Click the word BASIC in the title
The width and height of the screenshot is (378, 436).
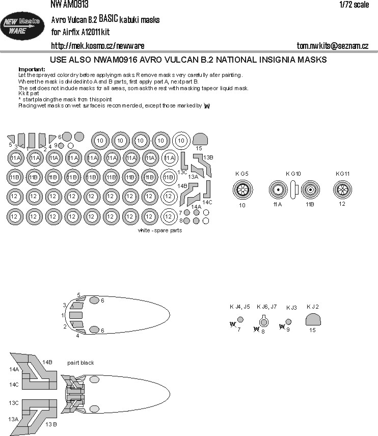click(x=105, y=19)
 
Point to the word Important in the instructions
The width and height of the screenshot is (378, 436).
click(x=32, y=69)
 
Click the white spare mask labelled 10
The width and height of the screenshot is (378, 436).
click(x=180, y=140)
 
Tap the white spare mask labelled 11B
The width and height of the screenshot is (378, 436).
click(x=168, y=177)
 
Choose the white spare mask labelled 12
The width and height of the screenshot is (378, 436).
click(x=168, y=196)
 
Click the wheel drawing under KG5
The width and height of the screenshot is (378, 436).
click(x=242, y=191)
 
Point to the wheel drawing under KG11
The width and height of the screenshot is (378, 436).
click(x=342, y=191)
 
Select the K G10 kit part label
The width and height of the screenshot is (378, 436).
click(x=293, y=174)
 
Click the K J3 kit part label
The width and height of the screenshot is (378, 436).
click(x=291, y=308)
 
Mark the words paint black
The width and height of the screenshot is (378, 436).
click(x=81, y=363)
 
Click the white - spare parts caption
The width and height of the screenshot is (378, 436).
click(x=160, y=230)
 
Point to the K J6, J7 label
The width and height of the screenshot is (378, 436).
click(x=266, y=307)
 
